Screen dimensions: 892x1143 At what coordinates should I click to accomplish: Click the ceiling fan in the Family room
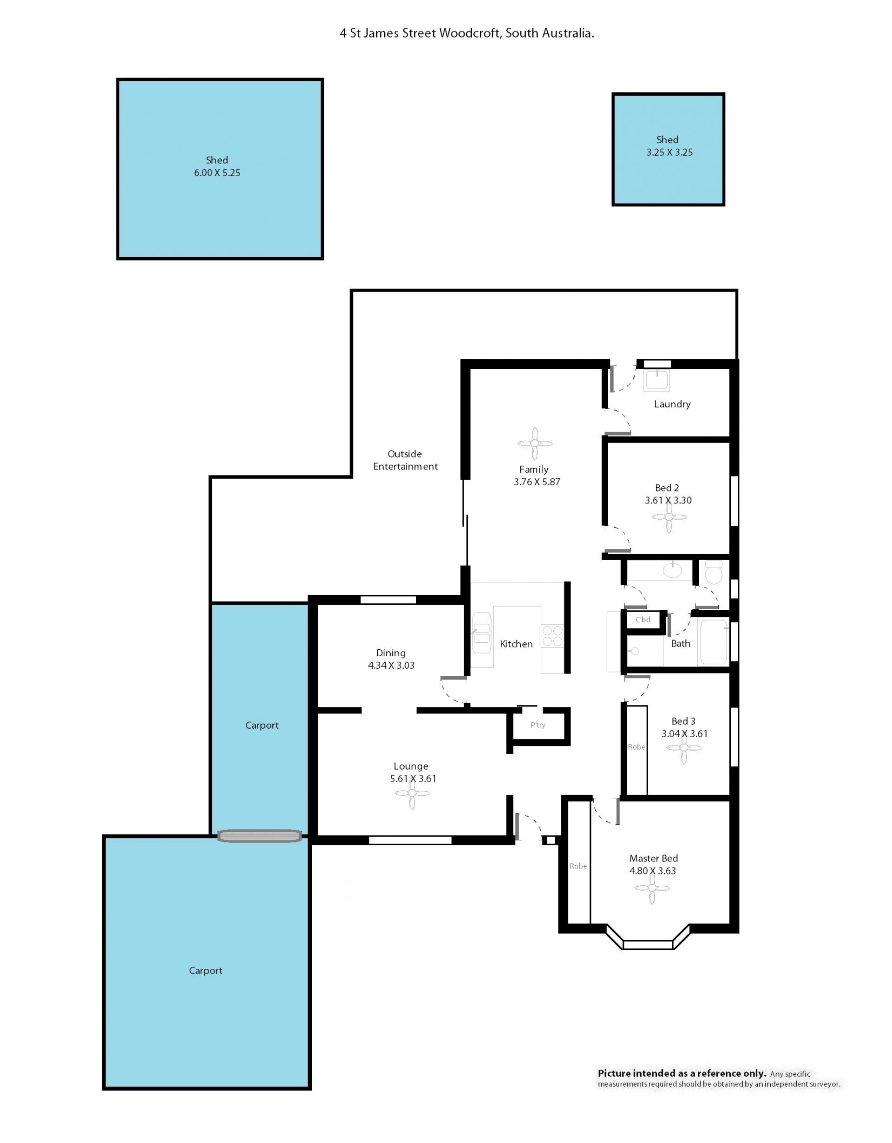pyautogui.click(x=534, y=443)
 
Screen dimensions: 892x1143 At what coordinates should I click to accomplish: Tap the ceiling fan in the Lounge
pyautogui.click(x=412, y=793)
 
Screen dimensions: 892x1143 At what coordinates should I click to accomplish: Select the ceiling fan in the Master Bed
pyautogui.click(x=652, y=888)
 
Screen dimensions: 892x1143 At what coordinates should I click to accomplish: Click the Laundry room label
pyautogui.click(x=672, y=404)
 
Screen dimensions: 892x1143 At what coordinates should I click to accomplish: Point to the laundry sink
pyautogui.click(x=656, y=380)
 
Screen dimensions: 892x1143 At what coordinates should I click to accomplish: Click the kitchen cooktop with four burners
pyautogui.click(x=552, y=636)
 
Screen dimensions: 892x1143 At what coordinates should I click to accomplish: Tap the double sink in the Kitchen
pyautogui.click(x=482, y=633)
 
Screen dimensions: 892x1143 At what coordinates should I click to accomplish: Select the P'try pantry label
pyautogui.click(x=538, y=725)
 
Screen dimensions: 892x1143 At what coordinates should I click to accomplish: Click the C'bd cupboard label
pyautogui.click(x=643, y=620)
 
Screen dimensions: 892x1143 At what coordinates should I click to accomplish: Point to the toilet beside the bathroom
pyautogui.click(x=714, y=573)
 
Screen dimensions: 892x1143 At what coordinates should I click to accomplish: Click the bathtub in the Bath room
pyautogui.click(x=714, y=641)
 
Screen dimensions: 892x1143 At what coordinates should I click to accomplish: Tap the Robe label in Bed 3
pyautogui.click(x=636, y=747)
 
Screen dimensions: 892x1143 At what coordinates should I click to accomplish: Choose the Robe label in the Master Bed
pyautogui.click(x=578, y=866)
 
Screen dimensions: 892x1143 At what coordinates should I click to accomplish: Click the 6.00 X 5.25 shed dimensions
pyautogui.click(x=217, y=173)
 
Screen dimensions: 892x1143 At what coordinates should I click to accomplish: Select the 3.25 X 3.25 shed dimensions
pyautogui.click(x=669, y=152)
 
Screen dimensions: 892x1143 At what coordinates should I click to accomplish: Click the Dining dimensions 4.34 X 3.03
pyautogui.click(x=391, y=665)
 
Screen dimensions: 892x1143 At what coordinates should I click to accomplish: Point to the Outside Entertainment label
pyautogui.click(x=405, y=460)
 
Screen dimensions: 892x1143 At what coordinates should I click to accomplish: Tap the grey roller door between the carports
pyautogui.click(x=260, y=836)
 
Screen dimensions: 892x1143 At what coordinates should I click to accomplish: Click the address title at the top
pyautogui.click(x=467, y=33)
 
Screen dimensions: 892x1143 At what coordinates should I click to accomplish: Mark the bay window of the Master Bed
pyautogui.click(x=648, y=945)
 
